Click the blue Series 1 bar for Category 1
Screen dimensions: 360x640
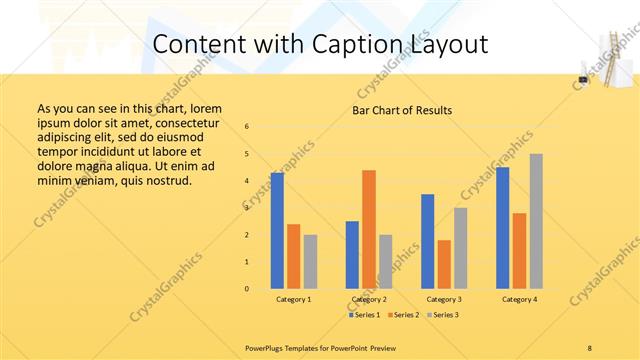277,231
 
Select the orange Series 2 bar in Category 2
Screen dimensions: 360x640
369,229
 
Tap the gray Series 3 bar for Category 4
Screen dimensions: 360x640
536,221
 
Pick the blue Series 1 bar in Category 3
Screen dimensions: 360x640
428,241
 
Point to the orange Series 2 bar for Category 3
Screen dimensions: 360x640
444,264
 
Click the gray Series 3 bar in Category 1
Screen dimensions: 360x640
310,262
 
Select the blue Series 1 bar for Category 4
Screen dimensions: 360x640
503,228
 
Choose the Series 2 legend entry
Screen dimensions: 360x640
403,315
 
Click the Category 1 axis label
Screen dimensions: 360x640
294,299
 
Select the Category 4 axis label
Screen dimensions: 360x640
519,299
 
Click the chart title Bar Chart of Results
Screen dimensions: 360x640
402,110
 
